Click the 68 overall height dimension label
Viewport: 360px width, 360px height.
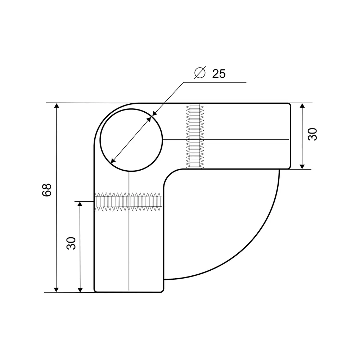click(x=47, y=190)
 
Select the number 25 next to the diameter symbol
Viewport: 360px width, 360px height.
click(x=219, y=73)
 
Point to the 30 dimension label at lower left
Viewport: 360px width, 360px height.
click(x=71, y=243)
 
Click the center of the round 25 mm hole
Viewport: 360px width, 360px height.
click(x=131, y=140)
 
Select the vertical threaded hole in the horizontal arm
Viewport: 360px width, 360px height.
click(x=194, y=136)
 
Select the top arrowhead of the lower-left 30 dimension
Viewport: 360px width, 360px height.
click(x=80, y=204)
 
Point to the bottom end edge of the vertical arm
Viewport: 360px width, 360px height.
click(x=129, y=292)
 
